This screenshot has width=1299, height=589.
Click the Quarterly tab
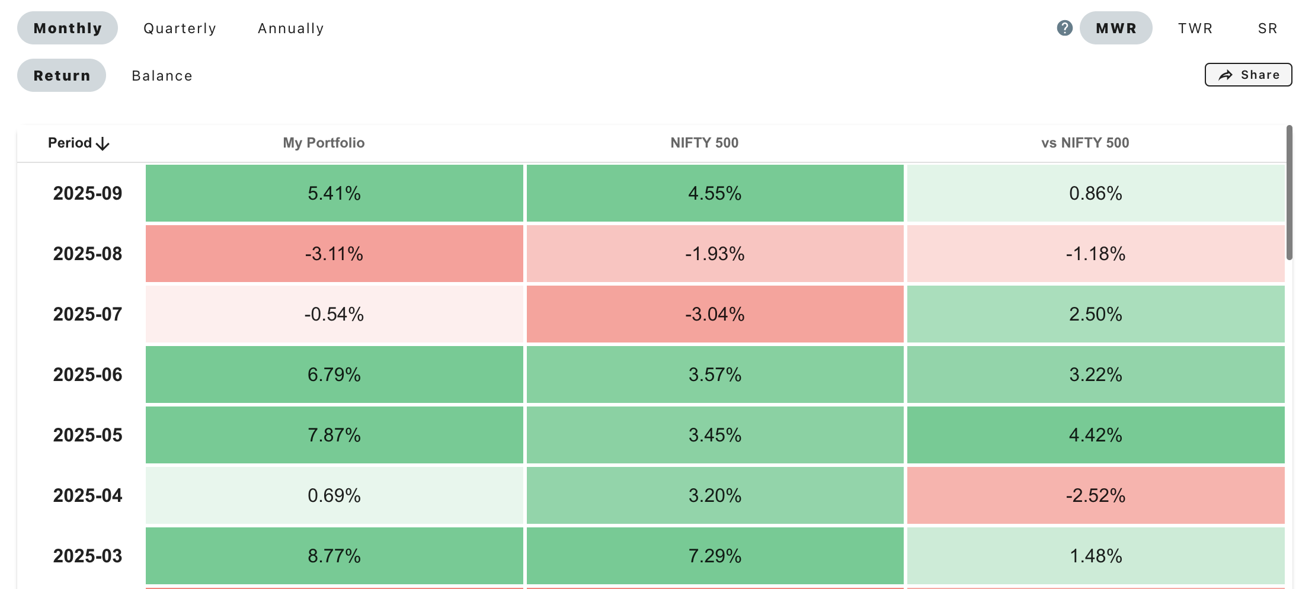pyautogui.click(x=180, y=28)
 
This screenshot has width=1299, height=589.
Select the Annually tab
pyautogui.click(x=291, y=28)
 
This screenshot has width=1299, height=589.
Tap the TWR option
pyautogui.click(x=1195, y=28)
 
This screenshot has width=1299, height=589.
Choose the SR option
pyautogui.click(x=1268, y=28)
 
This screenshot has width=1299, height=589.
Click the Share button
pyautogui.click(x=1248, y=75)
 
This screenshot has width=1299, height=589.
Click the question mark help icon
pyautogui.click(x=1064, y=28)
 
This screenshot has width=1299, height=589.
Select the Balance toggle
pyautogui.click(x=162, y=76)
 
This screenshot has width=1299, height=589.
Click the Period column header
pyautogui.click(x=78, y=143)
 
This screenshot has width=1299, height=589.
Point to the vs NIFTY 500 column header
pyautogui.click(x=1085, y=143)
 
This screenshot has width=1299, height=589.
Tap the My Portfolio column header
pyautogui.click(x=324, y=143)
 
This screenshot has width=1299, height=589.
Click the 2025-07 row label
pyautogui.click(x=88, y=314)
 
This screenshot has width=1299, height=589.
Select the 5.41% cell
pyautogui.click(x=334, y=193)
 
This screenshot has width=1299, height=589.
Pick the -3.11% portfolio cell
pyautogui.click(x=334, y=254)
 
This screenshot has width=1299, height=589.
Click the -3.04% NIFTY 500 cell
pyautogui.click(x=715, y=314)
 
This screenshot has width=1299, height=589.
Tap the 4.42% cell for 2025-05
pyautogui.click(x=1096, y=435)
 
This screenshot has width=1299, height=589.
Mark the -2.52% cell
pyautogui.click(x=1096, y=495)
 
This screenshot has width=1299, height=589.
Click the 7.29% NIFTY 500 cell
pyautogui.click(x=715, y=556)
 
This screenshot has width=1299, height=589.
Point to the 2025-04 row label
pyautogui.click(x=88, y=495)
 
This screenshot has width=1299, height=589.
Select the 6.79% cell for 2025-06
pyautogui.click(x=334, y=374)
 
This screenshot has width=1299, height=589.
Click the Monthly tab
pyautogui.click(x=68, y=28)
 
